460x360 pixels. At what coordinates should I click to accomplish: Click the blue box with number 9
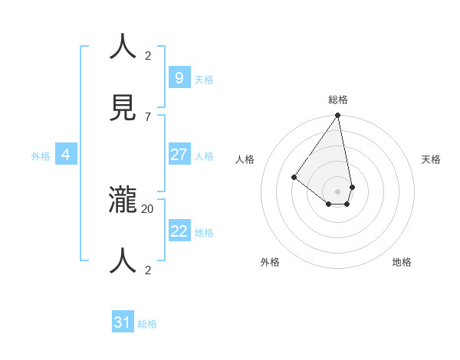(x=179, y=78)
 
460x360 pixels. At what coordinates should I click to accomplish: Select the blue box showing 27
(x=179, y=155)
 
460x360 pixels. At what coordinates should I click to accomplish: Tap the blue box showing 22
(x=179, y=231)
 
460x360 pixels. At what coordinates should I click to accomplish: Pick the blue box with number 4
(x=66, y=155)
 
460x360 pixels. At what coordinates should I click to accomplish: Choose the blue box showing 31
(x=123, y=322)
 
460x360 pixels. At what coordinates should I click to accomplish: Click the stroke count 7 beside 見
(x=148, y=116)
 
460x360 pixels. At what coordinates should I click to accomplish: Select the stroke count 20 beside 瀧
(x=148, y=208)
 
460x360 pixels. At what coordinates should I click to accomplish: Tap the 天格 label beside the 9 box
(x=204, y=80)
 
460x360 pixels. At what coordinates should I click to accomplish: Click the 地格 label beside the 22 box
(x=204, y=233)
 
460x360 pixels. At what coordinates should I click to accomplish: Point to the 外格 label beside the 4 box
(x=41, y=156)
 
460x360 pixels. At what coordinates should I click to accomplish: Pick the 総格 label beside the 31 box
(x=147, y=324)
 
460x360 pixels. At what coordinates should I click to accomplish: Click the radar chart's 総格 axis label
(x=338, y=100)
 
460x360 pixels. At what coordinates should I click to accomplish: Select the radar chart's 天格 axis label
(x=431, y=159)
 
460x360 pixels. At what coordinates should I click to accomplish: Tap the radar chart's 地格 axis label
(x=402, y=262)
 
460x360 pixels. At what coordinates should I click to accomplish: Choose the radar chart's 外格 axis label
(x=270, y=262)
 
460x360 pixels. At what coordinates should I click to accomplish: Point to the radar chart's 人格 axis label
(x=245, y=159)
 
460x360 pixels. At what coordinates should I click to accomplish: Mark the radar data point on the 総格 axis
(x=338, y=116)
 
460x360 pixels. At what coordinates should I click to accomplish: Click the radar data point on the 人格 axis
(x=294, y=177)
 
